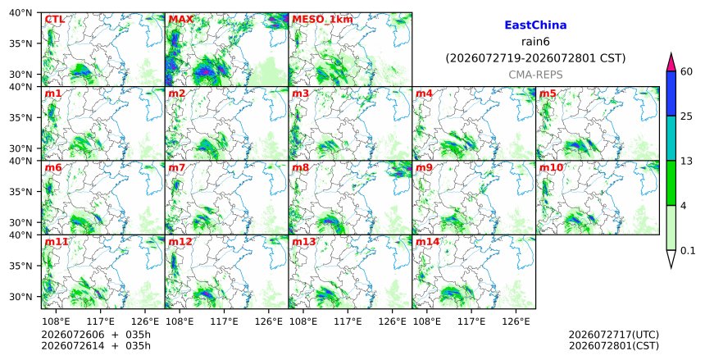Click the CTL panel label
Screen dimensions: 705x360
(x=54, y=20)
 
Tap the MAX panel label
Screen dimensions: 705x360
(x=180, y=20)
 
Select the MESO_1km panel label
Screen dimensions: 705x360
(x=322, y=20)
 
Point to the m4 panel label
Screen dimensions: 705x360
(x=424, y=93)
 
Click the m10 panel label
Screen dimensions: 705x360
(x=551, y=167)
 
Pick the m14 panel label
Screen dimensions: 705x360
(x=427, y=242)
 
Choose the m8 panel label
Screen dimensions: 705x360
(x=300, y=167)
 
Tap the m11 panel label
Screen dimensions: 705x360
(x=57, y=242)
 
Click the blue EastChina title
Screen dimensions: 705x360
(x=535, y=25)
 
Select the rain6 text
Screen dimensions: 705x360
(x=535, y=42)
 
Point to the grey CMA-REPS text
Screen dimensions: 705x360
(x=535, y=75)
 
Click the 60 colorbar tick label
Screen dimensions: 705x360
(x=686, y=71)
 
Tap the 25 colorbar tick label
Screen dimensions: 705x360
(x=686, y=116)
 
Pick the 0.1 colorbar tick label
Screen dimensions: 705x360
(x=688, y=251)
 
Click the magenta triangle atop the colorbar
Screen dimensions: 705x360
(x=671, y=63)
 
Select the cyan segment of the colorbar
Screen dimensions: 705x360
(x=671, y=138)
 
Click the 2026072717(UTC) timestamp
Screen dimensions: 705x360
(x=614, y=335)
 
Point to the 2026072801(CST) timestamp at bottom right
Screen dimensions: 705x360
(x=614, y=346)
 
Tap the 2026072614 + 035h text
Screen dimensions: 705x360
(x=96, y=346)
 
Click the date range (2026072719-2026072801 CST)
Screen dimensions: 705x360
(x=535, y=58)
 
